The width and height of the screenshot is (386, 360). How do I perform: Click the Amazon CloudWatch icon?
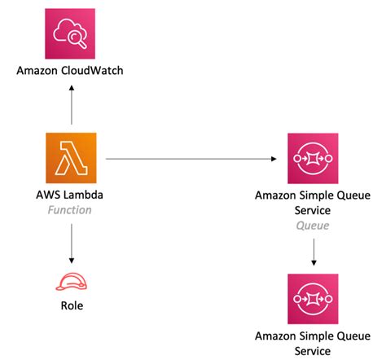71,33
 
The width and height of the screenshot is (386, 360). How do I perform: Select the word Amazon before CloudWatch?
39,72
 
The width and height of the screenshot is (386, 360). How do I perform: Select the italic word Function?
71,210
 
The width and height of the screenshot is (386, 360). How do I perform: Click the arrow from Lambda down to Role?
71,241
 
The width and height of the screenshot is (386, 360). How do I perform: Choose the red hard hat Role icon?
71,281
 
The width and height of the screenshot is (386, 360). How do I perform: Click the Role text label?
71,307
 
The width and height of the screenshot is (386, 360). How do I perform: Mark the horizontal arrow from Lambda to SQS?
187,160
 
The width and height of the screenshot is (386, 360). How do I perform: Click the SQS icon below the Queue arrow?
314,298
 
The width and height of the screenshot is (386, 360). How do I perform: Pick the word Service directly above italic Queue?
314,210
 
